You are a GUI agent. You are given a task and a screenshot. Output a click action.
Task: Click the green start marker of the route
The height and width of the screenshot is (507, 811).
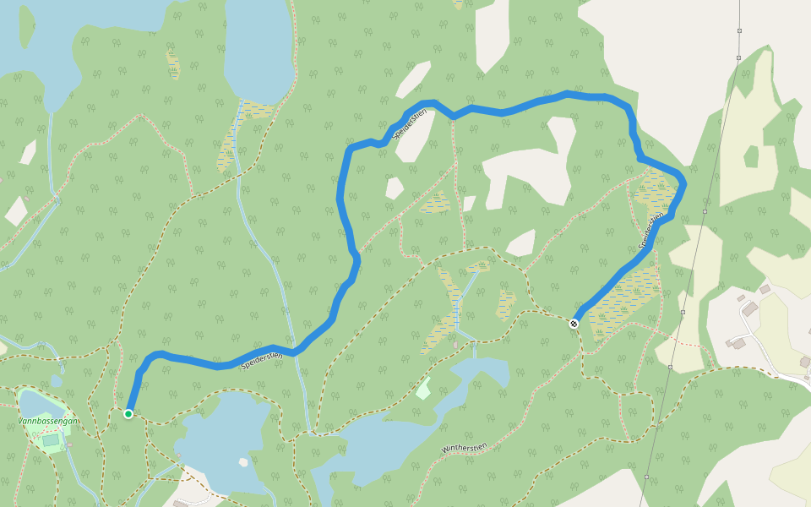click(128, 414)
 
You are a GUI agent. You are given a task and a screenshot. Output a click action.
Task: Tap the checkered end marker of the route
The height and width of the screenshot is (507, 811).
click(574, 324)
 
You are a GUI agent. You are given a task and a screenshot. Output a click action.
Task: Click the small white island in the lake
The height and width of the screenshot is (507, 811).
click(243, 462)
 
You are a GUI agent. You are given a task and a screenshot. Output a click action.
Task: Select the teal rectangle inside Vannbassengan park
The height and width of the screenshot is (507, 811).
click(52, 439)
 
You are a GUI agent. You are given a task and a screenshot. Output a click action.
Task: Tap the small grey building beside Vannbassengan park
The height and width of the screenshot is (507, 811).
click(70, 444)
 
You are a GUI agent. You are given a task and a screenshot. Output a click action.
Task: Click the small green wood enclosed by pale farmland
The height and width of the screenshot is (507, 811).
click(750, 156)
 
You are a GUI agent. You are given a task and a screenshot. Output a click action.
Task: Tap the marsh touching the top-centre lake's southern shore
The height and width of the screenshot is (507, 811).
click(253, 110)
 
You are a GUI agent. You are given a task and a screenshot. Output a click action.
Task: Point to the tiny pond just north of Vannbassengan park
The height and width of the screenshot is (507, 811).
click(56, 381)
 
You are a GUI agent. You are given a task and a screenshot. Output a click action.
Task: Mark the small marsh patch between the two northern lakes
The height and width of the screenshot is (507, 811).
click(173, 63)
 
